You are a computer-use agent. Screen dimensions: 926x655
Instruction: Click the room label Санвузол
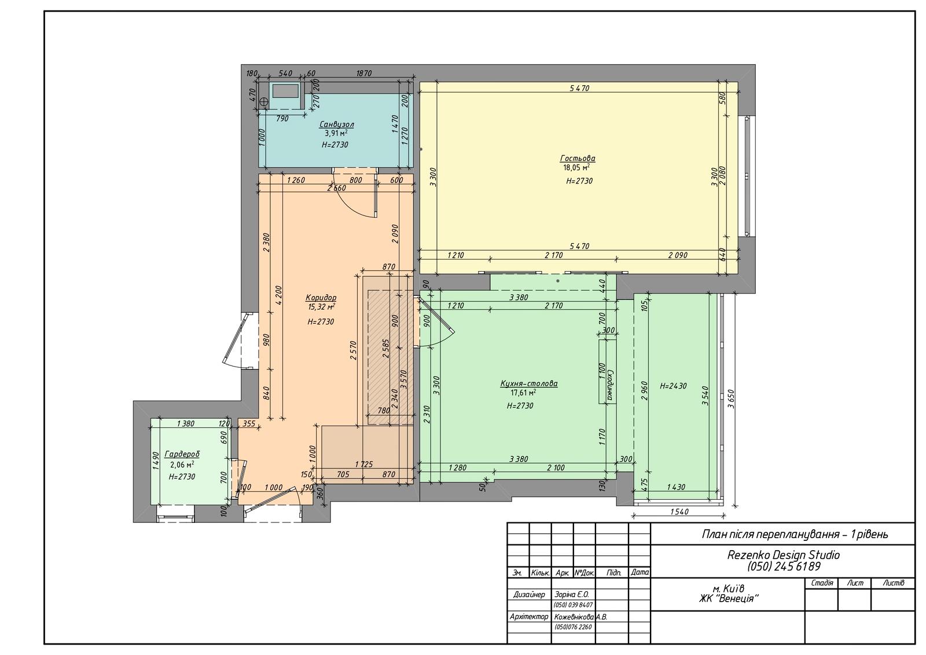(x=336, y=125)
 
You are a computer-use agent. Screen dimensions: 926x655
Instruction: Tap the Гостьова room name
(x=578, y=158)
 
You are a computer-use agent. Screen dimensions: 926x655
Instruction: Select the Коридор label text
(x=321, y=298)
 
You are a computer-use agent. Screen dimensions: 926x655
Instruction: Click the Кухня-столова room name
(x=529, y=383)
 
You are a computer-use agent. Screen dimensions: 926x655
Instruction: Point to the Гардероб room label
(x=182, y=454)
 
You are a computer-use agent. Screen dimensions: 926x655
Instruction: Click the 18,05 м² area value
(x=576, y=167)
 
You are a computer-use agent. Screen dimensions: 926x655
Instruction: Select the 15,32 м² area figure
(x=321, y=307)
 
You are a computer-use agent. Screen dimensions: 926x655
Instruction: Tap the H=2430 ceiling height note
(x=673, y=386)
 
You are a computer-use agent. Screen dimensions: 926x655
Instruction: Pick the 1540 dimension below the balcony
(x=679, y=512)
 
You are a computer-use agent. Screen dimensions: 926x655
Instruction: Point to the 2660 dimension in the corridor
(x=336, y=188)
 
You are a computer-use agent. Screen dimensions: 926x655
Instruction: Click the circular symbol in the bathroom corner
(x=264, y=101)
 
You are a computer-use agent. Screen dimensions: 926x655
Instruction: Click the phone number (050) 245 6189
(x=784, y=566)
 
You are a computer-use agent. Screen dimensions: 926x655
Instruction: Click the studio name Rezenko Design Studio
(x=784, y=555)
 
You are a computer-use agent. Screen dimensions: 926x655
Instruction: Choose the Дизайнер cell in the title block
(x=529, y=595)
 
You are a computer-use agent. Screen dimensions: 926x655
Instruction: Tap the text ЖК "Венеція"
(x=729, y=598)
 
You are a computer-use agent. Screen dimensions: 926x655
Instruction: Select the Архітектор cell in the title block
(x=529, y=617)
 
